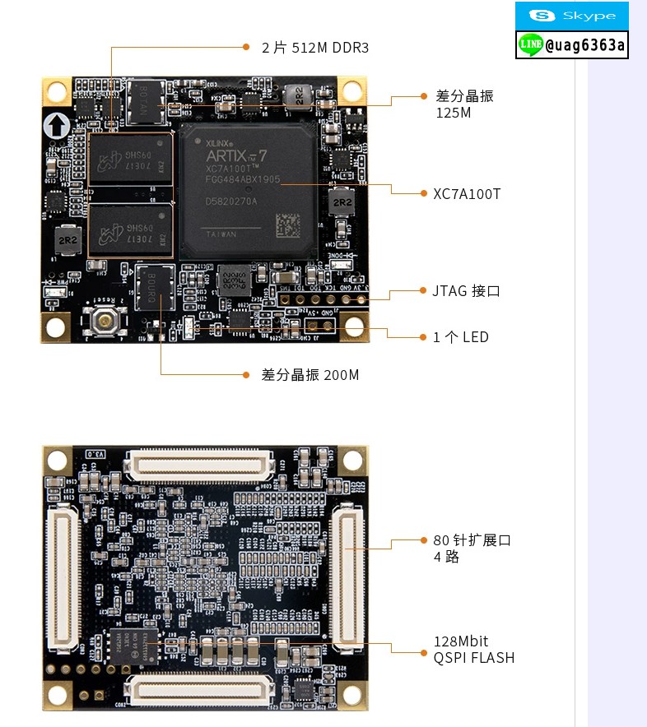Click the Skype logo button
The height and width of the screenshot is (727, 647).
571,16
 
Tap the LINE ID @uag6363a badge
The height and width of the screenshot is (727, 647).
571,45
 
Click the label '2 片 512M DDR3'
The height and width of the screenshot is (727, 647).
315,48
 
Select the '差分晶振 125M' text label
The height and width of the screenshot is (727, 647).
464,104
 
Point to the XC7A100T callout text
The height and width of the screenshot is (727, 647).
467,194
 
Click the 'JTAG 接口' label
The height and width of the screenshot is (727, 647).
466,291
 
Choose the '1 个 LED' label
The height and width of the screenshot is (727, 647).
461,337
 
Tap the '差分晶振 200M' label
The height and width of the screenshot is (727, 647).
310,375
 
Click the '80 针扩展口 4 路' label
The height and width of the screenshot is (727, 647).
472,549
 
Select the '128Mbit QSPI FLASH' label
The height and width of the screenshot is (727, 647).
473,650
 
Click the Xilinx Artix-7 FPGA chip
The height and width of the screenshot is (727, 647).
248,192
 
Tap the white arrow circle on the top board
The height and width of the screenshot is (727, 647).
57,126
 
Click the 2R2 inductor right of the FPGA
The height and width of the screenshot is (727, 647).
342,203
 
